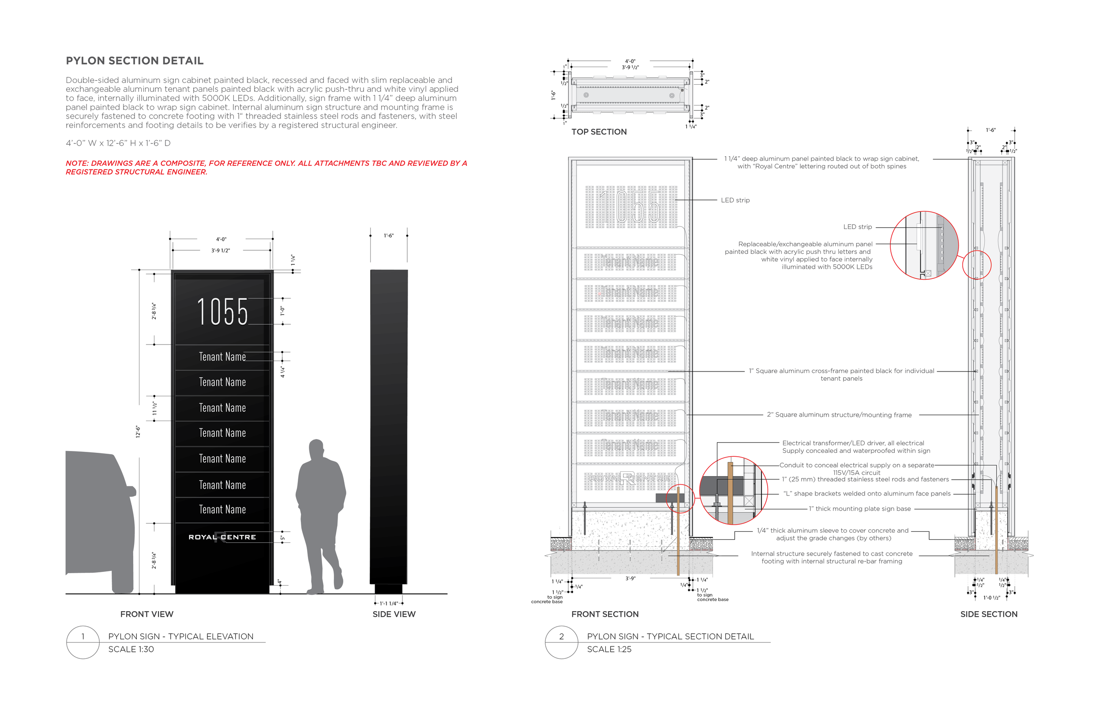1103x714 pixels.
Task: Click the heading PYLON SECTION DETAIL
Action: click(x=135, y=61)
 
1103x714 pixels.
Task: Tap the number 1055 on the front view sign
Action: click(x=222, y=312)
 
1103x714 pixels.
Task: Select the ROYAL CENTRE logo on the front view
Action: click(x=222, y=537)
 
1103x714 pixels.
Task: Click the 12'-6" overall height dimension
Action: click(x=138, y=432)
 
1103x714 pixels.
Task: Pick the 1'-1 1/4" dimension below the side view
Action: click(x=389, y=604)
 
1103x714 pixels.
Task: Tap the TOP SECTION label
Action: click(x=599, y=132)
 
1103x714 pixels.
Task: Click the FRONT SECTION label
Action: click(x=605, y=614)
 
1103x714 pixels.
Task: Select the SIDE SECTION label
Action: click(x=989, y=614)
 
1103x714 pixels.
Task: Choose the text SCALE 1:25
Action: click(x=609, y=649)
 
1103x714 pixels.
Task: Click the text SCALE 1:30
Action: click(x=131, y=649)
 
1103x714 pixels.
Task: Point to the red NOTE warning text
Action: click(x=266, y=167)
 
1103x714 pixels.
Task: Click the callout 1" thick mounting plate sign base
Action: click(x=860, y=509)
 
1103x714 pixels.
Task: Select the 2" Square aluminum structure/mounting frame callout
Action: click(x=839, y=415)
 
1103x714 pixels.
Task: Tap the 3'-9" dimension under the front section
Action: click(x=630, y=579)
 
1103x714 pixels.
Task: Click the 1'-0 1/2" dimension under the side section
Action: click(x=992, y=598)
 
